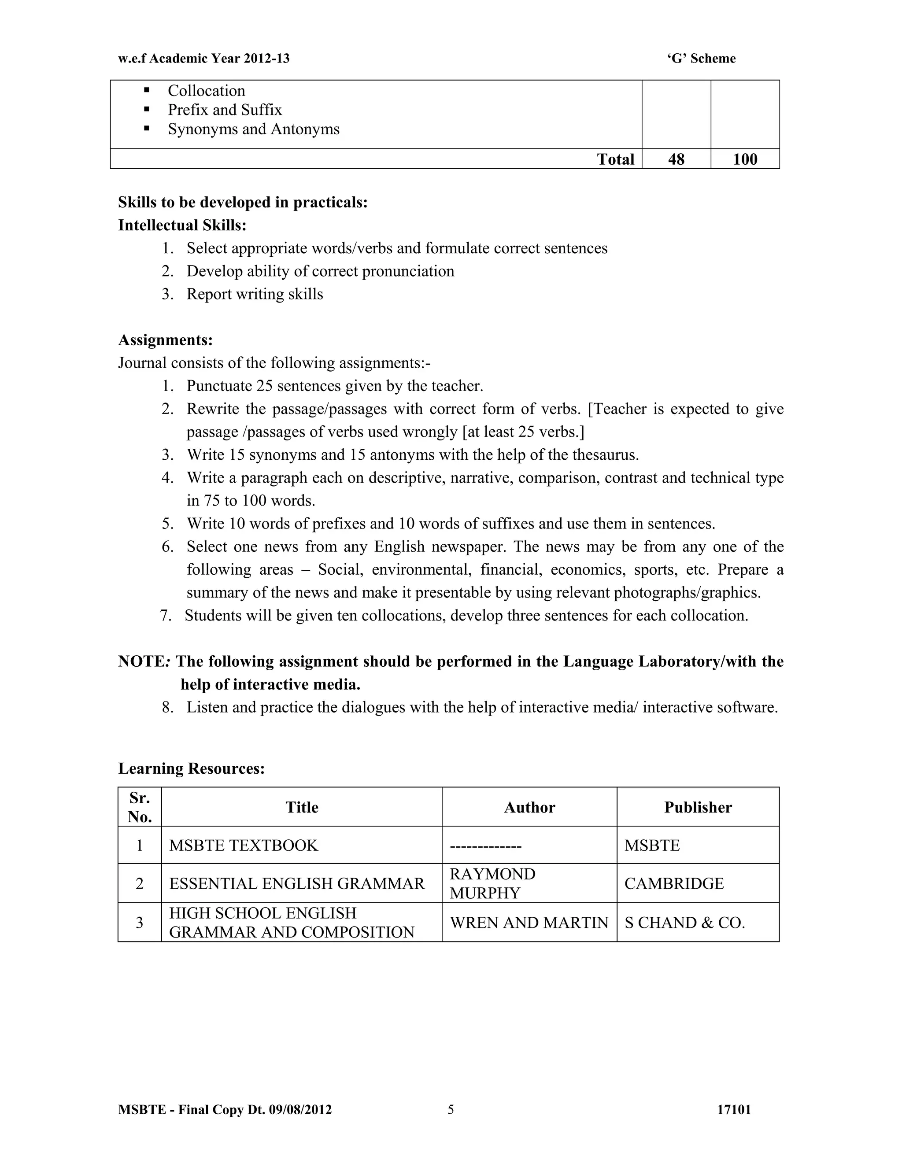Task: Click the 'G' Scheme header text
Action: coord(701,58)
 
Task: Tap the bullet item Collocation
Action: coord(206,90)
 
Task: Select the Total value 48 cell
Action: coord(676,159)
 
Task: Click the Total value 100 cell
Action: coord(745,159)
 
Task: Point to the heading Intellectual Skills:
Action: coord(182,225)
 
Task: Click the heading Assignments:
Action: coord(165,340)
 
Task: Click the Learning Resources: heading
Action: coord(191,768)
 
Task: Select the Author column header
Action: coord(529,807)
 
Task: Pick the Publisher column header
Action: coord(698,807)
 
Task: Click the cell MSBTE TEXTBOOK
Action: coord(244,846)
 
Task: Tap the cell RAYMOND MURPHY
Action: coord(492,883)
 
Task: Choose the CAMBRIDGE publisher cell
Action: coord(674,883)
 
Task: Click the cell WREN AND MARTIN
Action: coord(529,922)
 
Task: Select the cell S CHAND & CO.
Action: coord(684,922)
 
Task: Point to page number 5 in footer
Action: coord(451,1110)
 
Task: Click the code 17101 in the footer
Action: coord(734,1110)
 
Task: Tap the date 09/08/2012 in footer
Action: coord(300,1110)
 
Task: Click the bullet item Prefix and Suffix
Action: coord(225,110)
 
